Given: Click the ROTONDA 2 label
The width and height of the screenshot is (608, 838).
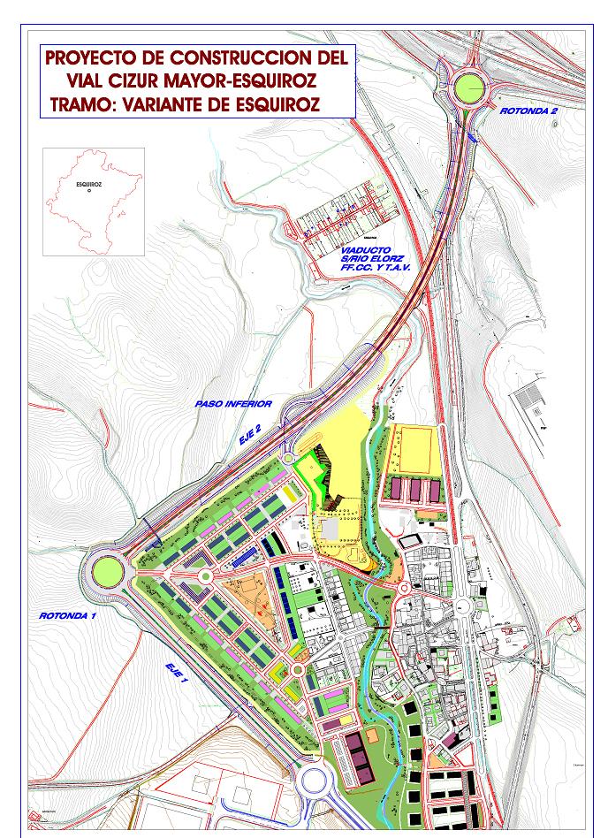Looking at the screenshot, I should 528,111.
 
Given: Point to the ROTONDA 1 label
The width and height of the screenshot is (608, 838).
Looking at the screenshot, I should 68,615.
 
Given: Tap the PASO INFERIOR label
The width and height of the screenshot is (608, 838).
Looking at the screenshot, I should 233,404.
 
